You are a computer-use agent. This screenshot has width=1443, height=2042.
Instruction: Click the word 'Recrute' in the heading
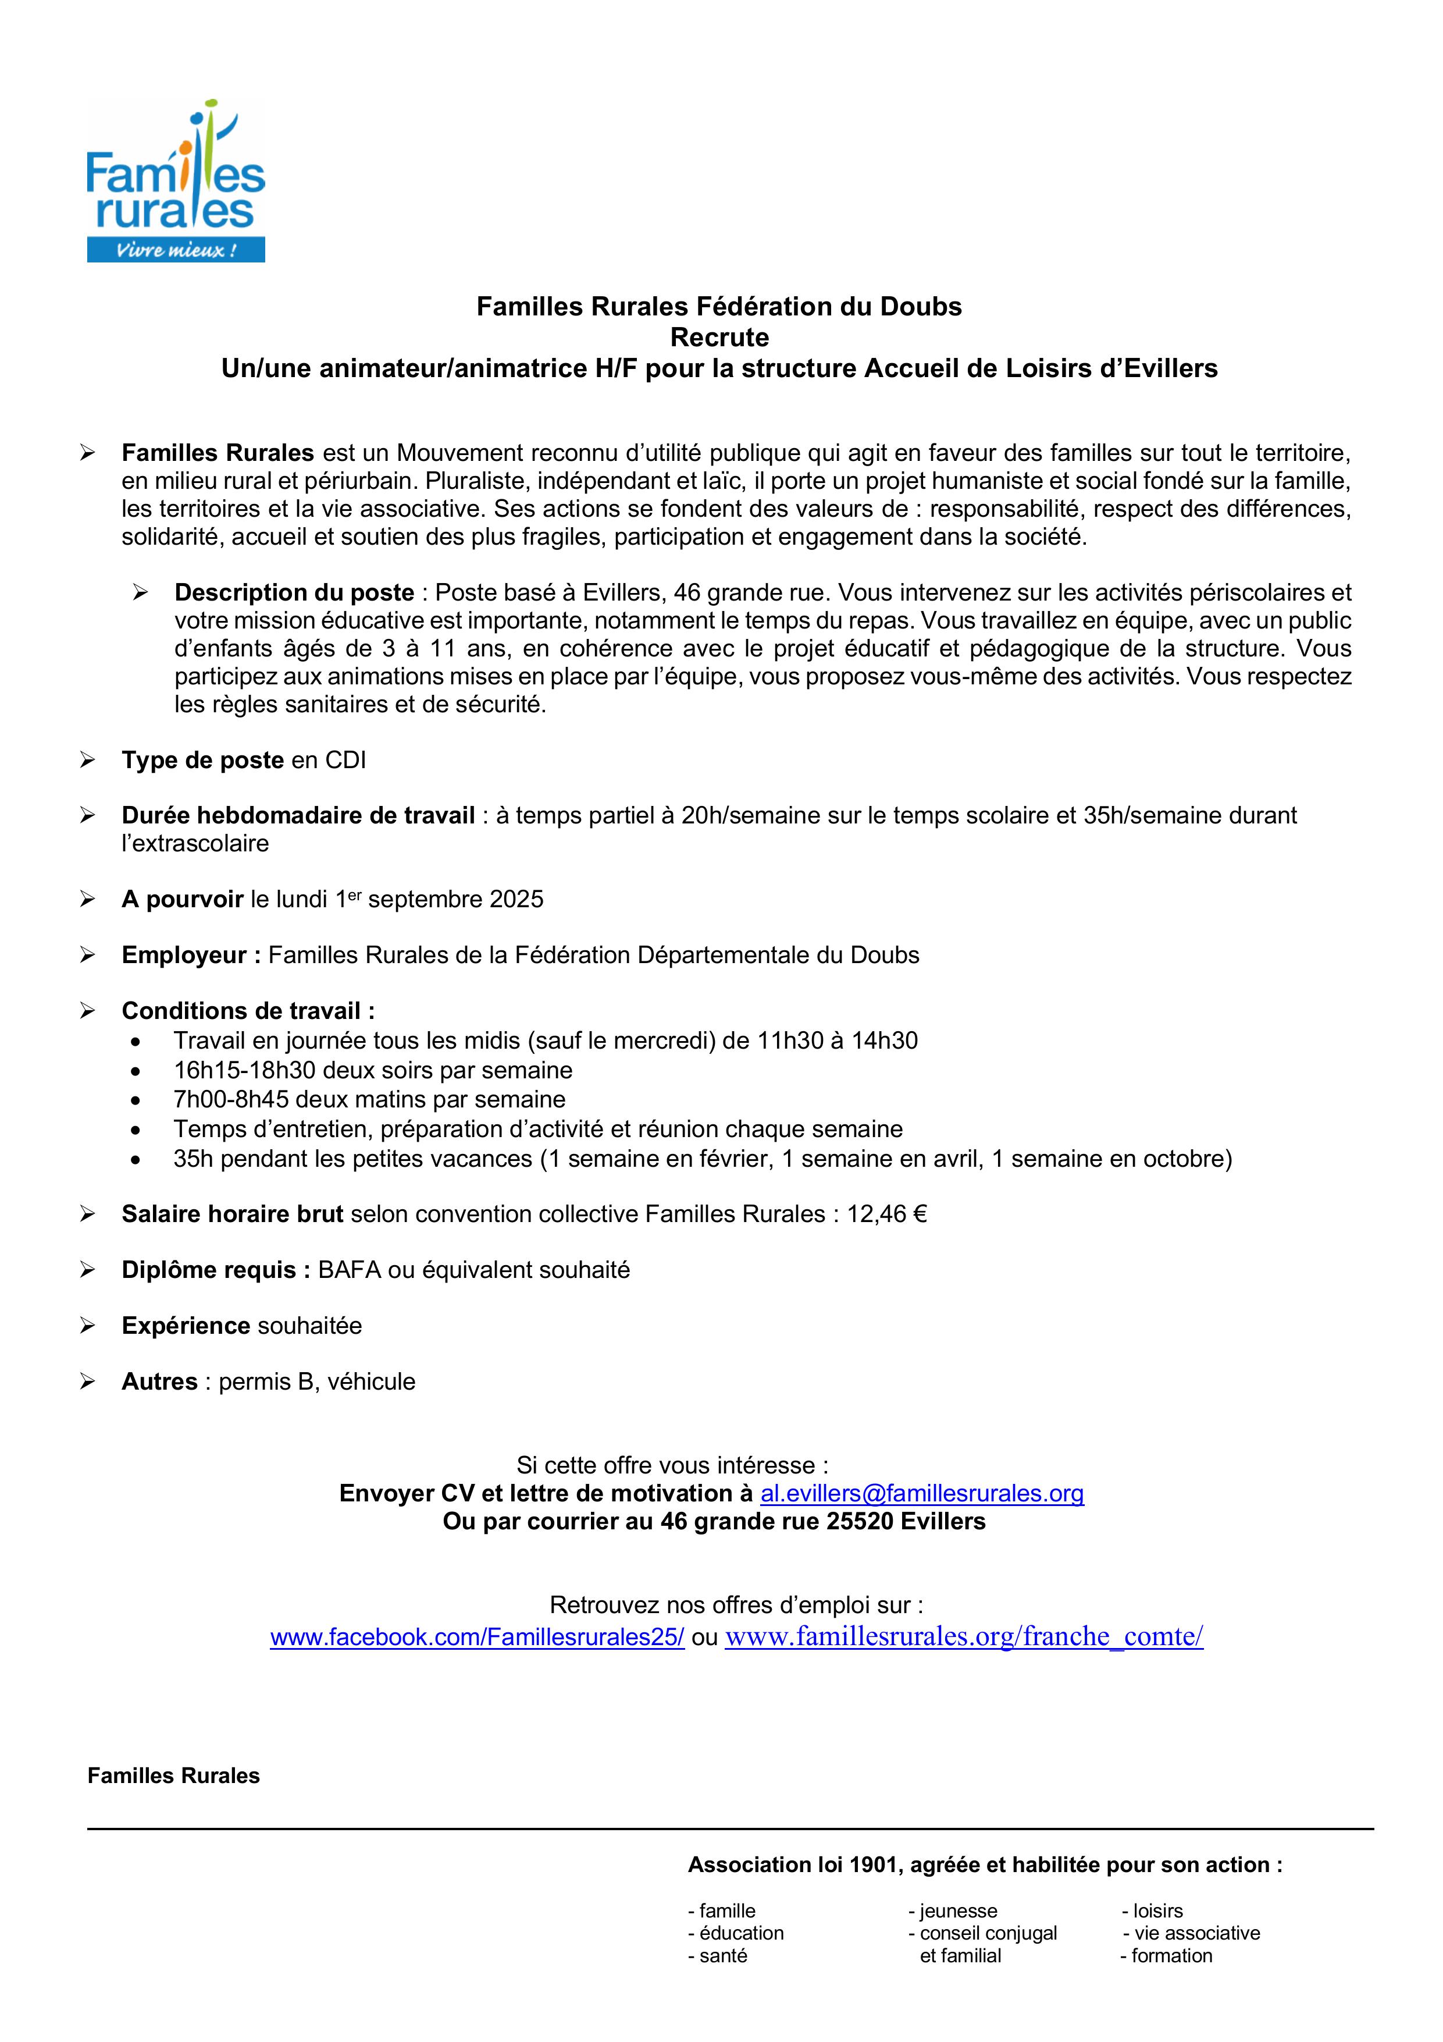[x=719, y=337]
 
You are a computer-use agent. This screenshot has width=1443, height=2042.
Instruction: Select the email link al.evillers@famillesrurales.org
[x=922, y=1493]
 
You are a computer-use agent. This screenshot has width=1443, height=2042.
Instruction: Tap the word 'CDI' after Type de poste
[x=346, y=761]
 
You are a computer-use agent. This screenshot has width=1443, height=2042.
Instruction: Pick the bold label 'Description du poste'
[x=294, y=592]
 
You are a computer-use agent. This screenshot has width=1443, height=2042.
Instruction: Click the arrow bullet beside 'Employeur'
[x=87, y=955]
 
